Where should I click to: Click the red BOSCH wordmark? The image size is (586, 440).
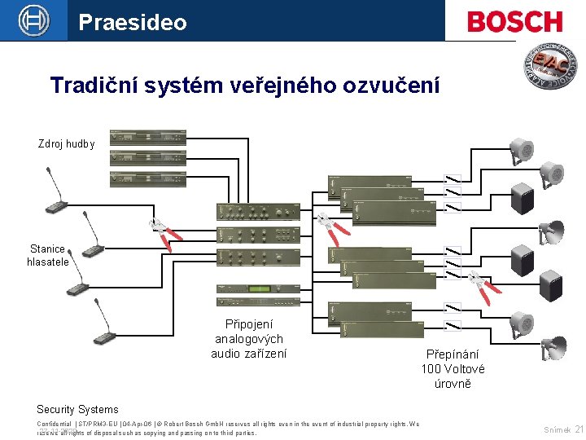[x=514, y=21]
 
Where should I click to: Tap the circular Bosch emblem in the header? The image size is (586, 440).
[x=33, y=20]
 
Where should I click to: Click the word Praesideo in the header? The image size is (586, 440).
[x=132, y=22]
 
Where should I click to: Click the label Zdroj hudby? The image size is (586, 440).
[x=66, y=144]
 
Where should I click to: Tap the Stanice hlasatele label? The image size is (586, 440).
[x=49, y=255]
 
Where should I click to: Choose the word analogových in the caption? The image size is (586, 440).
[x=248, y=338]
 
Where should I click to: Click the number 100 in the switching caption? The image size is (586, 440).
[x=431, y=368]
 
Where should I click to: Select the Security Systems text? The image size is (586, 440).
[x=77, y=410]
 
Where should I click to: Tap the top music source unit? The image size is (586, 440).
[x=147, y=136]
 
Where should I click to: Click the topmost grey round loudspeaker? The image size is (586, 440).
[x=521, y=150]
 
